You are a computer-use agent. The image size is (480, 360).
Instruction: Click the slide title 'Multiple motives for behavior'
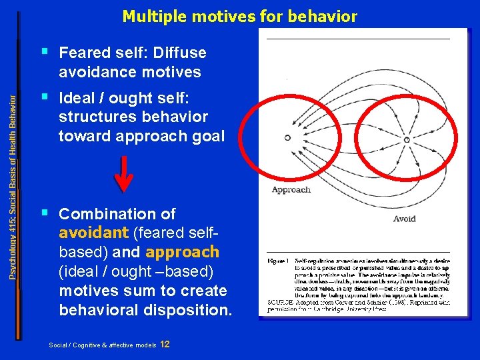239,17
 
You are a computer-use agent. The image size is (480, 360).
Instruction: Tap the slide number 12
165,344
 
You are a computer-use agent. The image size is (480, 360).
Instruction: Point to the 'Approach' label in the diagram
291,189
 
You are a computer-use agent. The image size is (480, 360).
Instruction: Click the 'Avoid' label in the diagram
404,218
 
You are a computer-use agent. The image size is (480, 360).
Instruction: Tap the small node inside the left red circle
287,138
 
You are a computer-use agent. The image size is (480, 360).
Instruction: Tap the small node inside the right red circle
407,139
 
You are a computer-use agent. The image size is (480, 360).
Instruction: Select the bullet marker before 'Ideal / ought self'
45,97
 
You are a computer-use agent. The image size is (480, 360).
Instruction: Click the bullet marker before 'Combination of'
45,213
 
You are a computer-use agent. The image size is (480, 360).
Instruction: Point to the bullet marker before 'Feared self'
45,51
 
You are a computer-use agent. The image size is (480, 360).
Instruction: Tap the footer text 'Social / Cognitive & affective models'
102,345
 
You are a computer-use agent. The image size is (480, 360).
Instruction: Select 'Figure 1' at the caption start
277,261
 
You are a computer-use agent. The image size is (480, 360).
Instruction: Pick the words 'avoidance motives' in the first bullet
129,71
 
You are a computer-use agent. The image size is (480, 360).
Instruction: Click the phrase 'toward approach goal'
141,136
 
